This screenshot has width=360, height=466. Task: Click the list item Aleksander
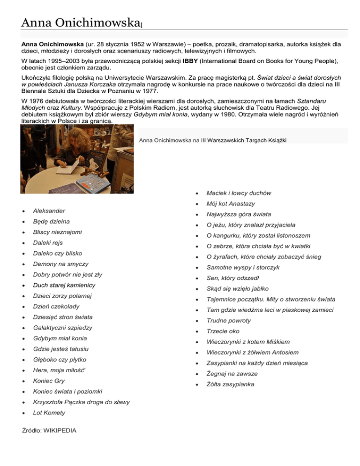click(x=49, y=211)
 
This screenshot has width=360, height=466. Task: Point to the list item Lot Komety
click(x=49, y=413)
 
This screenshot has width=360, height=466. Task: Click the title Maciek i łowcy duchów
click(x=239, y=193)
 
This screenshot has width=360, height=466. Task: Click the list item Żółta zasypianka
click(x=230, y=384)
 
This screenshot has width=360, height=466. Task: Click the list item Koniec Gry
click(x=49, y=381)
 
